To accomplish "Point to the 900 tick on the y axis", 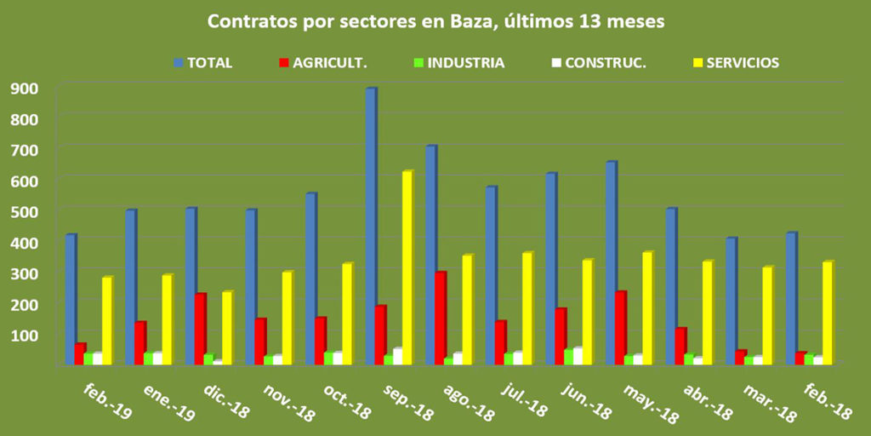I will pyautogui.click(x=24, y=87).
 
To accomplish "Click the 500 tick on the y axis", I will pyautogui.click(x=24, y=210).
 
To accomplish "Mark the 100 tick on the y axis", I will pyautogui.click(x=24, y=334).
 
